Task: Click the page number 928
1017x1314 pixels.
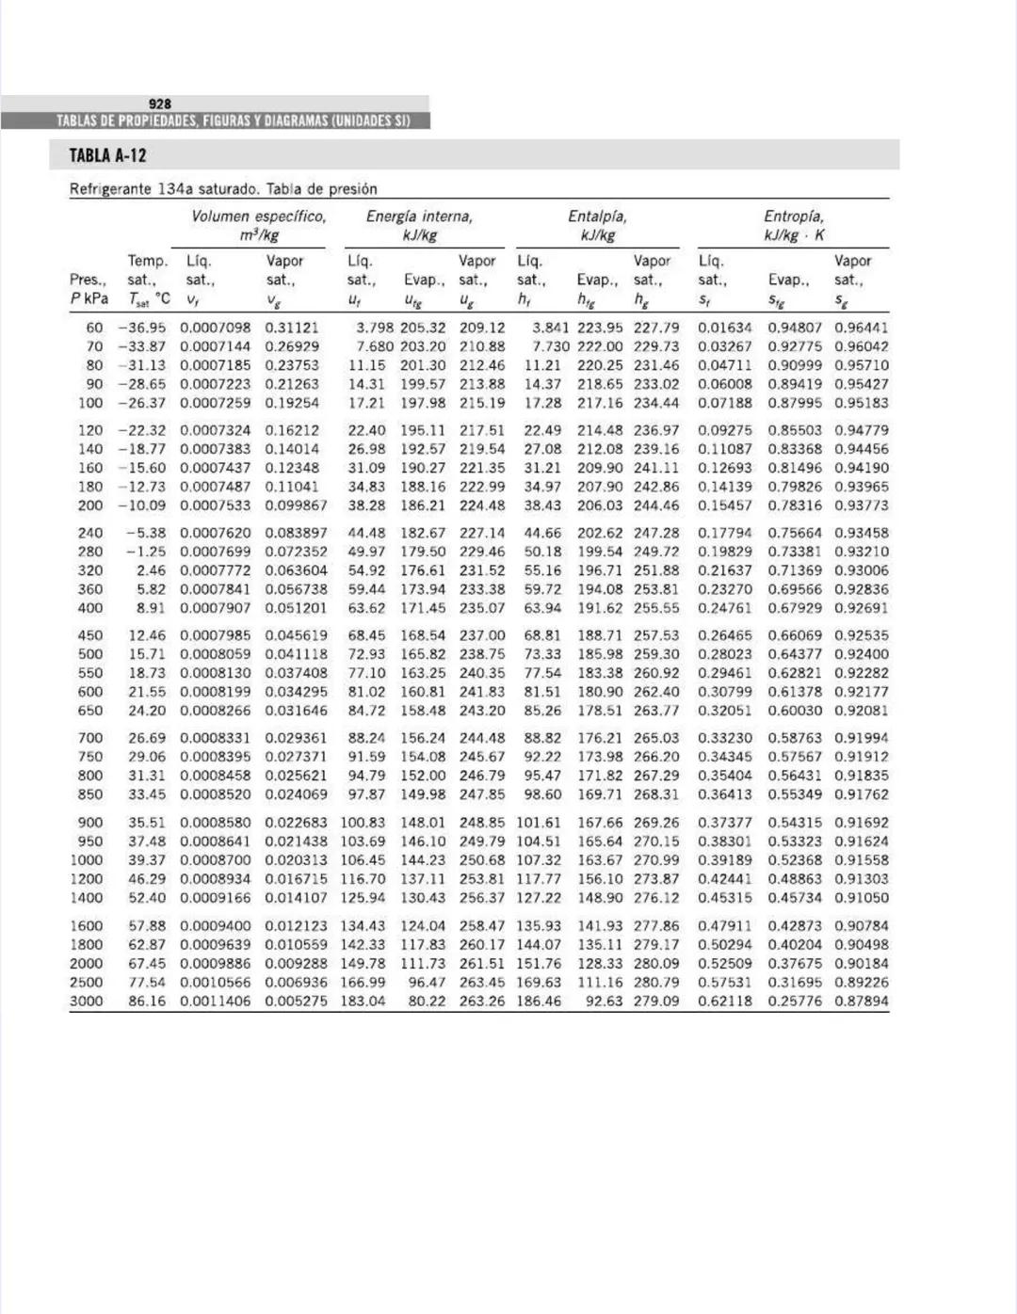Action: pyautogui.click(x=160, y=104)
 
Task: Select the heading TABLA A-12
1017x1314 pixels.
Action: pyautogui.click(x=107, y=156)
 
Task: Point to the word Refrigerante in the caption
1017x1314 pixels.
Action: pyautogui.click(x=110, y=189)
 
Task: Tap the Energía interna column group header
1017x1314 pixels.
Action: pyautogui.click(x=419, y=216)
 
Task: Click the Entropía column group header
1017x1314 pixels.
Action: pyautogui.click(x=793, y=216)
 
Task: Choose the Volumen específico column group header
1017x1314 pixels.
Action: pyautogui.click(x=259, y=216)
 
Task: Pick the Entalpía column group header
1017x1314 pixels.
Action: pyautogui.click(x=597, y=216)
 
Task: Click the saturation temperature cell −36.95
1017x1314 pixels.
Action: pyautogui.click(x=141, y=328)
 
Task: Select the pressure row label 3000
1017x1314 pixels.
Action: pyautogui.click(x=86, y=1002)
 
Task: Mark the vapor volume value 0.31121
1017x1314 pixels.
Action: pyautogui.click(x=292, y=328)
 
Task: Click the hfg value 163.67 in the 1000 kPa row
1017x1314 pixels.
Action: pyautogui.click(x=600, y=860)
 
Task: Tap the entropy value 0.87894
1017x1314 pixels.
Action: pyautogui.click(x=861, y=1002)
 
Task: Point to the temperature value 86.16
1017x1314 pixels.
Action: pyautogui.click(x=147, y=1002)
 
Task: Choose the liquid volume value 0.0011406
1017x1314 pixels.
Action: pyautogui.click(x=216, y=1002)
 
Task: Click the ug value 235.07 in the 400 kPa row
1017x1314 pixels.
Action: pyautogui.click(x=482, y=608)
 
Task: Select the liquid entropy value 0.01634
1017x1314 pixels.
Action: pyautogui.click(x=725, y=328)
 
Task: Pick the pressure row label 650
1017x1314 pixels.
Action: pyautogui.click(x=90, y=711)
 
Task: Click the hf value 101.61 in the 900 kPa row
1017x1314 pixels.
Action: pyautogui.click(x=539, y=823)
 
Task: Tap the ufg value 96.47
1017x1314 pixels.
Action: pyautogui.click(x=427, y=983)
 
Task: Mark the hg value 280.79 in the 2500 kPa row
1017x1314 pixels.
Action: pyautogui.click(x=656, y=983)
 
